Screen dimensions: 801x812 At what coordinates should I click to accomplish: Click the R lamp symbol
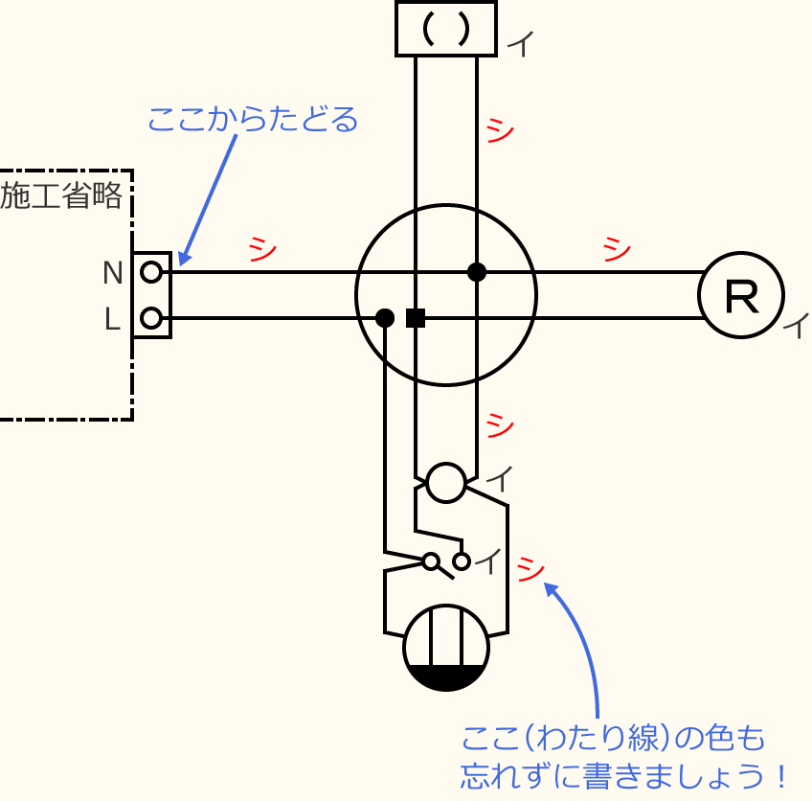[741, 295]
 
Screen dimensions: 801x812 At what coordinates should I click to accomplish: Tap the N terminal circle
[151, 273]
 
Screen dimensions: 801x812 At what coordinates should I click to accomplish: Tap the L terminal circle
[151, 317]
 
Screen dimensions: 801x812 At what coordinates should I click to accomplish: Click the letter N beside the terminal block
[113, 274]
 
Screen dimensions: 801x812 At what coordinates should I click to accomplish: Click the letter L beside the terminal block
[113, 320]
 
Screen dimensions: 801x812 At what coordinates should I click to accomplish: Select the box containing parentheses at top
[446, 29]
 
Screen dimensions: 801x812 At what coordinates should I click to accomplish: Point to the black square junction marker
[416, 318]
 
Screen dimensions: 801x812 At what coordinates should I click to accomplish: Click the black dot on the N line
[477, 272]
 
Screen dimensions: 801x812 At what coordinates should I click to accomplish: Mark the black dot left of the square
[385, 318]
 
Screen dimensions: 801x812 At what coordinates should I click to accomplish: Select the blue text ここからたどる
[253, 120]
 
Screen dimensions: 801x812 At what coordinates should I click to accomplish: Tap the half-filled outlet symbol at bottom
[446, 648]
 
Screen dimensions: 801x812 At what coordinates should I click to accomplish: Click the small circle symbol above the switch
[446, 482]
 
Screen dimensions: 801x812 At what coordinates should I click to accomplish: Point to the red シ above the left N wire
[262, 248]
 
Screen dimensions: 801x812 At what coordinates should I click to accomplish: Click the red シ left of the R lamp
[617, 248]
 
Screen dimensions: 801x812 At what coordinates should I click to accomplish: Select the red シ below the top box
[500, 129]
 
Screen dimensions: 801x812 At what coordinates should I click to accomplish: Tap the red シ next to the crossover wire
[529, 569]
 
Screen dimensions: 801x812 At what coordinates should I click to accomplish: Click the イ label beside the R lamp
[795, 326]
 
